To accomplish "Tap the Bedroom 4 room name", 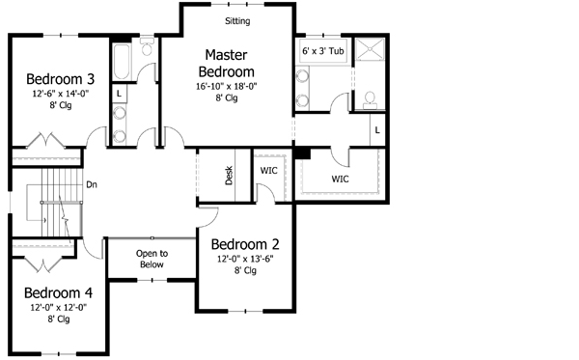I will [58, 293].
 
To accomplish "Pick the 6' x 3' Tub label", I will [323, 50].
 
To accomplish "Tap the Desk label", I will [230, 176].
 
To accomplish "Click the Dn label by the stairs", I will [92, 183].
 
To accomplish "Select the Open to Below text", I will [152, 259].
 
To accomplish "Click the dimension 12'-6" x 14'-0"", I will [59, 95].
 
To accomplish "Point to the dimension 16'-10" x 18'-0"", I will [226, 86].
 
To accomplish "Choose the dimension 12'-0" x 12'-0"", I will [58, 308].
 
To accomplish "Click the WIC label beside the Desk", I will [269, 171].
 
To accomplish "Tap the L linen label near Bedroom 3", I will [118, 94].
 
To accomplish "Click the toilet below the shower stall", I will [370, 100].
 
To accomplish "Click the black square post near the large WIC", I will [302, 152].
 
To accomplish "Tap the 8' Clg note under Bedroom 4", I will [58, 320].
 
